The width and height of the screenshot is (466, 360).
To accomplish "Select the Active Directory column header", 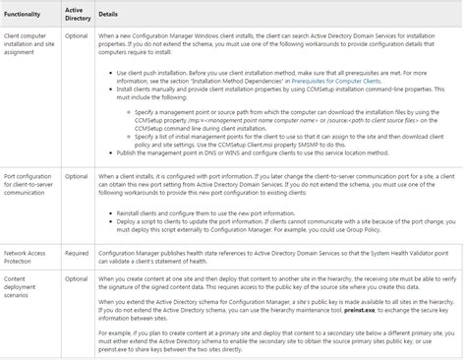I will point(77,16).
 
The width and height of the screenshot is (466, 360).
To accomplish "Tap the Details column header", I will point(108,16).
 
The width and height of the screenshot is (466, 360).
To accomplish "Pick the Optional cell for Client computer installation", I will point(76,35).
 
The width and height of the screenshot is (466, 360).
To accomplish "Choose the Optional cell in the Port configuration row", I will point(76,176).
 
